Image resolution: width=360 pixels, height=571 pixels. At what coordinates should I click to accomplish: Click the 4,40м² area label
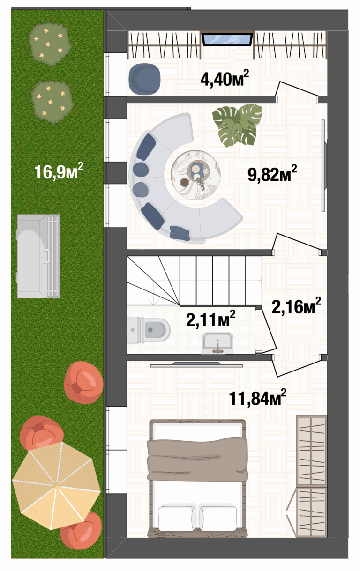click(x=224, y=79)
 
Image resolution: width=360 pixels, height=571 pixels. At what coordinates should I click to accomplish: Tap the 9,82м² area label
click(x=272, y=173)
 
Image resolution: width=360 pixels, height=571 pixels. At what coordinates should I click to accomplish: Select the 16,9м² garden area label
click(x=59, y=171)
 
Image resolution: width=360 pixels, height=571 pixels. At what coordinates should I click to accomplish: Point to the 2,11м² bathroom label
click(x=210, y=319)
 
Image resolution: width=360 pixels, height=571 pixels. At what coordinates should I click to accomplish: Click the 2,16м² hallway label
click(x=296, y=306)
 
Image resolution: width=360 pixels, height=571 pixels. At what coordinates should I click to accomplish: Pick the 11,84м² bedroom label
click(x=257, y=397)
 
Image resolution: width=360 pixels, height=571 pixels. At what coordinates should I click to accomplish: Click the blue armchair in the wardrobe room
click(x=144, y=79)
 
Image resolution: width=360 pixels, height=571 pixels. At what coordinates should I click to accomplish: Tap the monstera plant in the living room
click(x=237, y=126)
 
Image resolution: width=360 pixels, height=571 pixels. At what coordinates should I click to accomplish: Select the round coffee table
click(x=195, y=175)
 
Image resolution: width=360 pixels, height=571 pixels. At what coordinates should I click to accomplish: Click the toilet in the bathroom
click(x=149, y=330)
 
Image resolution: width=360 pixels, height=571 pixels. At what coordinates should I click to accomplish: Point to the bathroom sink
click(x=217, y=344)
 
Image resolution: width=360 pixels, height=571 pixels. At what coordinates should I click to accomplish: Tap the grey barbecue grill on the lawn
click(x=38, y=256)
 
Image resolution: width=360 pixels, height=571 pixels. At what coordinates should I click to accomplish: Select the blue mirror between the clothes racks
click(x=227, y=39)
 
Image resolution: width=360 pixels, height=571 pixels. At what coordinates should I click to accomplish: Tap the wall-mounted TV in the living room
click(x=323, y=166)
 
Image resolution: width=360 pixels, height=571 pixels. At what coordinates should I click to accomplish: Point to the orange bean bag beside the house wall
click(x=83, y=383)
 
